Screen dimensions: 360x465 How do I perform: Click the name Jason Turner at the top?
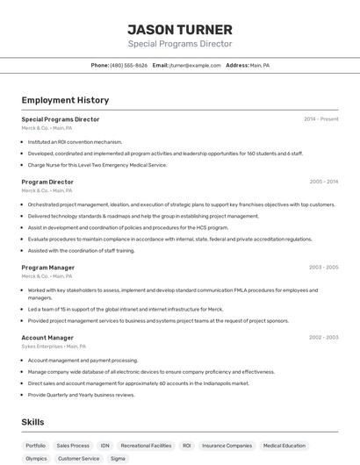point(180,29)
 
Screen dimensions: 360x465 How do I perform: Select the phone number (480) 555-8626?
point(128,65)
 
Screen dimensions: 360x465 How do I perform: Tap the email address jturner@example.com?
point(195,65)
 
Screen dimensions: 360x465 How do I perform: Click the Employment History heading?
point(65,100)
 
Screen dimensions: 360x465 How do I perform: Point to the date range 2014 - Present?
point(320,118)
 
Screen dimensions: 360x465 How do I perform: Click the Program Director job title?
point(47,182)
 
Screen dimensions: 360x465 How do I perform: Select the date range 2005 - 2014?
point(323,182)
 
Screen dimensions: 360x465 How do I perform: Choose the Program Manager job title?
point(48,267)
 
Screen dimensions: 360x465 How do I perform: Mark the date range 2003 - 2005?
point(323,267)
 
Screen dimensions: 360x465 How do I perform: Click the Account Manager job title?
point(47,337)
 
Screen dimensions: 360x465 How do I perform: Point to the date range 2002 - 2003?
point(323,337)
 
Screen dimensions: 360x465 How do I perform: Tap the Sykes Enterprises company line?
point(53,346)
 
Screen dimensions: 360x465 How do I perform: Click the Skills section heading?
point(33,422)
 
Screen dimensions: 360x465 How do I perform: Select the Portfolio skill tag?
point(35,446)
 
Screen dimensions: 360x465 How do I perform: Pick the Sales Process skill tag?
point(73,446)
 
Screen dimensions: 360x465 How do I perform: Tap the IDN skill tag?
point(104,446)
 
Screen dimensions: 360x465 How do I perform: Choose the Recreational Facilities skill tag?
point(146,446)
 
